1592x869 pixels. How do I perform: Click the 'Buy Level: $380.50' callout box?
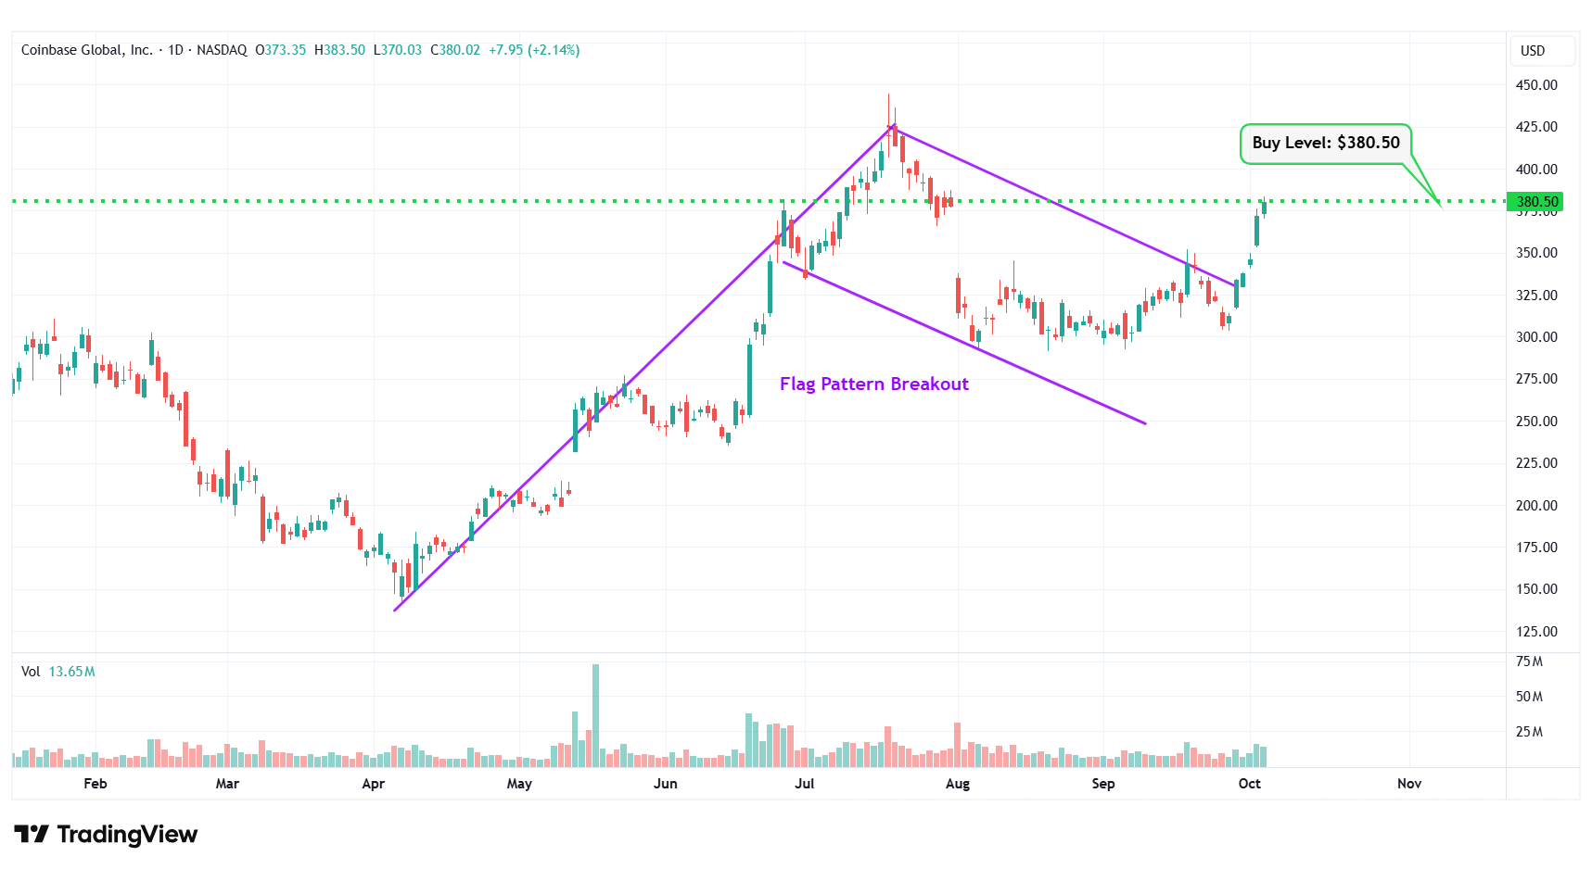coord(1325,144)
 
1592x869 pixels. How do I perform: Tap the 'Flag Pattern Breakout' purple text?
coord(873,384)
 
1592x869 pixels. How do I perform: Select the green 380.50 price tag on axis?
coord(1535,201)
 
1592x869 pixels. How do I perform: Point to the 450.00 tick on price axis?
coord(1535,85)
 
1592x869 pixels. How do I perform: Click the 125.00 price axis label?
coord(1535,632)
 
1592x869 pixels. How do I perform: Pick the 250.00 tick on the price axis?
coord(1535,422)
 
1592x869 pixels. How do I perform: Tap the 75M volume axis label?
coord(1529,661)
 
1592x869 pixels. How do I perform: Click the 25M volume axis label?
coord(1529,732)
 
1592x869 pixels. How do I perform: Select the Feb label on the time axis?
coord(96,784)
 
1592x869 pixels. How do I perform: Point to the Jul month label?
coord(804,784)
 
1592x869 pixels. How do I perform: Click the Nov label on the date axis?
coord(1408,784)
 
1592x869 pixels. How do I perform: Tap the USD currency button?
coord(1533,51)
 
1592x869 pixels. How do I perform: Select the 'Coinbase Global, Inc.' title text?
coord(87,50)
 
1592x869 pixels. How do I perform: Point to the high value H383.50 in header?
coord(339,50)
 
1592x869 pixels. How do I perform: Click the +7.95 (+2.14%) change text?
coord(534,50)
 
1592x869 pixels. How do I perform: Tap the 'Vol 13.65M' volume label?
coord(58,672)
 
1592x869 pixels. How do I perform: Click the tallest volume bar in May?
coord(595,715)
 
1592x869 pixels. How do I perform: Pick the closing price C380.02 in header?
coord(455,50)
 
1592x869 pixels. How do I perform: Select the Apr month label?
coord(373,784)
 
